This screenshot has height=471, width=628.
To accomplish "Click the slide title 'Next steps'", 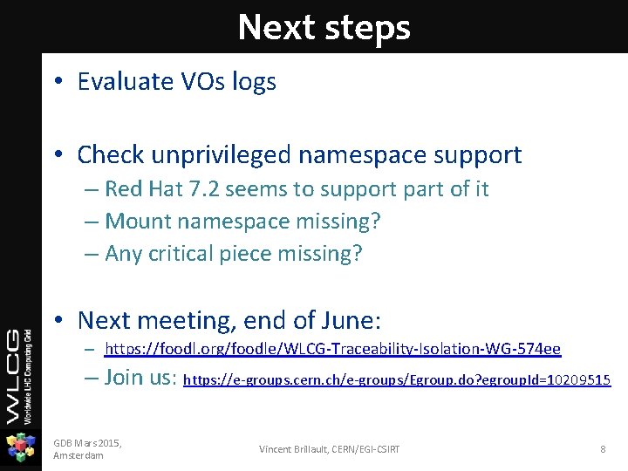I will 324,27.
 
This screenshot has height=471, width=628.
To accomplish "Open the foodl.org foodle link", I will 332,349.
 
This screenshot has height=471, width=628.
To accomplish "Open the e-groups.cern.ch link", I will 397,380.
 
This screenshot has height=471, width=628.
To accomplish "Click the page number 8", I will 603,448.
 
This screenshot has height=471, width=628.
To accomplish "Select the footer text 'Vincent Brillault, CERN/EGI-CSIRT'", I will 330,448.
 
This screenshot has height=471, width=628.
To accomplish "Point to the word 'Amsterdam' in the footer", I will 78,455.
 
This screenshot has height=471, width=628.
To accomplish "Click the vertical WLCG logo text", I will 20,375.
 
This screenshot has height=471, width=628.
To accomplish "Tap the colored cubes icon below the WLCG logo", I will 20,447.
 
